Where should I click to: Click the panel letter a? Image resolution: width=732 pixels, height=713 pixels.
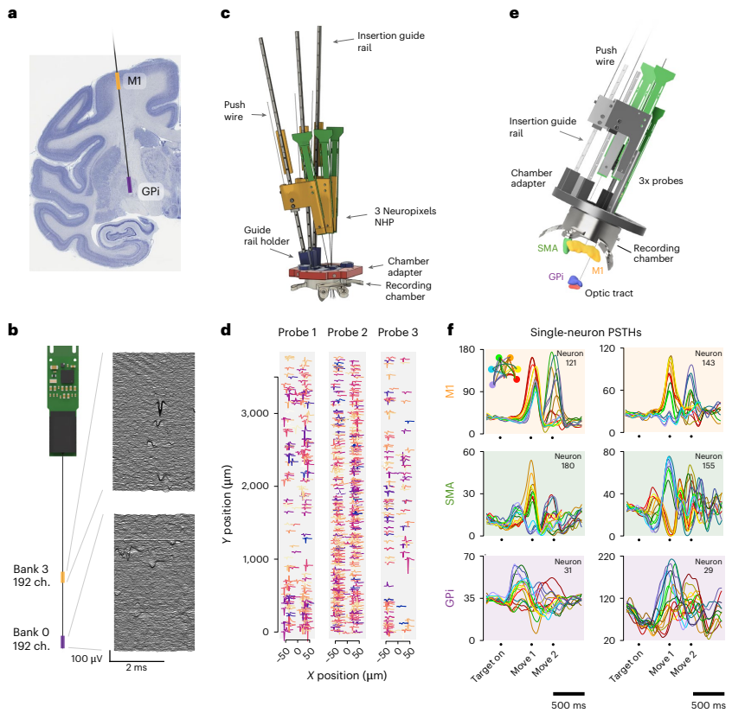pyautogui.click(x=12, y=15)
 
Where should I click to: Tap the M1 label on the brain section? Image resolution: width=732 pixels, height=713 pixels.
pyautogui.click(x=134, y=80)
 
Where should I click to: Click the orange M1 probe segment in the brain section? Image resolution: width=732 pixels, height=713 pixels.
pyautogui.click(x=119, y=80)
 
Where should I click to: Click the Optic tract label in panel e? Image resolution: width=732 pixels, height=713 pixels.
pyautogui.click(x=609, y=294)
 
